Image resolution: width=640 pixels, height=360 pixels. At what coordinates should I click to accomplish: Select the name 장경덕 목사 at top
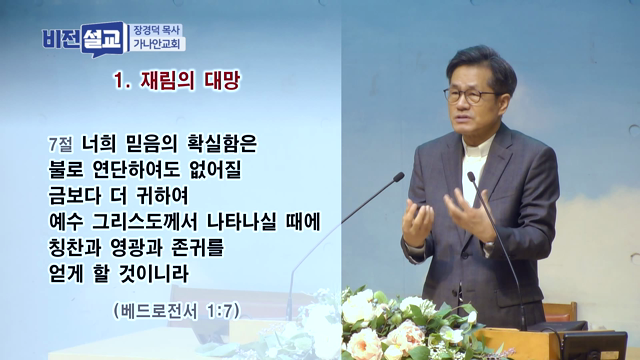158,30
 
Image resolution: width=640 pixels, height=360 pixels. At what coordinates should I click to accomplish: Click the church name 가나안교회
158,45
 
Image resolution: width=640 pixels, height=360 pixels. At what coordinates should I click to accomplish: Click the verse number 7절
59,143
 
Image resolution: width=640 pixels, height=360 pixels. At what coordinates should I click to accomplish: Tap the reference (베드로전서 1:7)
176,310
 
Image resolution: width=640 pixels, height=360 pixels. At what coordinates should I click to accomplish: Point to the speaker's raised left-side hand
417,222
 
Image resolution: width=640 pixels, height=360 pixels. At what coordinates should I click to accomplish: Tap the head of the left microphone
399,177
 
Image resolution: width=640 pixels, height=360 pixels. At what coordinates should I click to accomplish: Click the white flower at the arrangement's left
357,308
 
